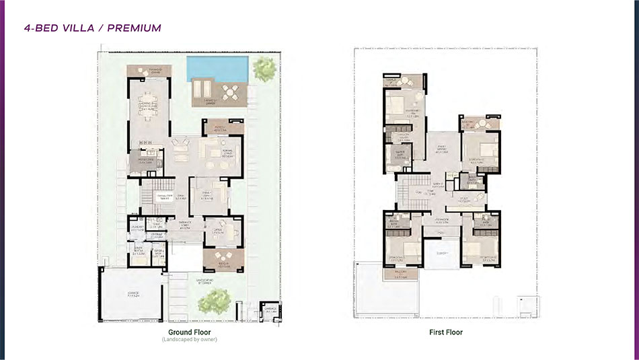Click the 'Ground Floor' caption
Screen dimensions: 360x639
(189, 332)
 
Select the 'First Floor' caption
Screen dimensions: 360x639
(446, 332)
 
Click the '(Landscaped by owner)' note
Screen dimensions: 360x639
(189, 340)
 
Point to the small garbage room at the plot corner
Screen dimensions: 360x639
(271, 310)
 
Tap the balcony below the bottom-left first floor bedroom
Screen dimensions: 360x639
(401, 275)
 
